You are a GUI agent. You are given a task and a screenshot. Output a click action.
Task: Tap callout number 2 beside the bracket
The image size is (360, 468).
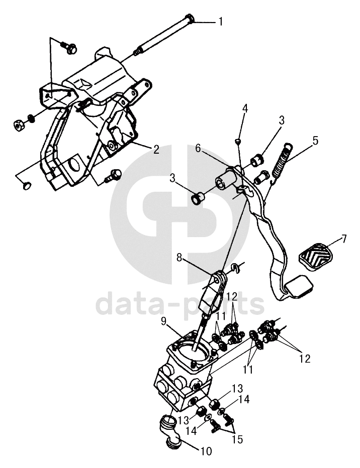pos(156,149)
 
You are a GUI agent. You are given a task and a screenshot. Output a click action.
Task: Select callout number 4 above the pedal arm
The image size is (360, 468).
pos(245,108)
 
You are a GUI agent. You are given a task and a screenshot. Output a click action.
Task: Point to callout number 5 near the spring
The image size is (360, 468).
pos(315,141)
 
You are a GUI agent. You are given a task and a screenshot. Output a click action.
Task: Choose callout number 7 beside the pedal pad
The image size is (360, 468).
pos(344,239)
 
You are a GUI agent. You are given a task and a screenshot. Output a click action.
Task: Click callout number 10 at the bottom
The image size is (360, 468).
pos(206,451)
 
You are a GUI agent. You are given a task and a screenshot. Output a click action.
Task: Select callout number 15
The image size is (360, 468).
pos(237,439)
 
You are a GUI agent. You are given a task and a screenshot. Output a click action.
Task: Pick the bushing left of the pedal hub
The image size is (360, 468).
pos(197,197)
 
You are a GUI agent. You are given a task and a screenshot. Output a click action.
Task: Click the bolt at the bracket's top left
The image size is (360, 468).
pos(70,48)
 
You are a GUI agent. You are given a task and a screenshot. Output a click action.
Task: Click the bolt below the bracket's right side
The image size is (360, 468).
pos(113,175)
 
